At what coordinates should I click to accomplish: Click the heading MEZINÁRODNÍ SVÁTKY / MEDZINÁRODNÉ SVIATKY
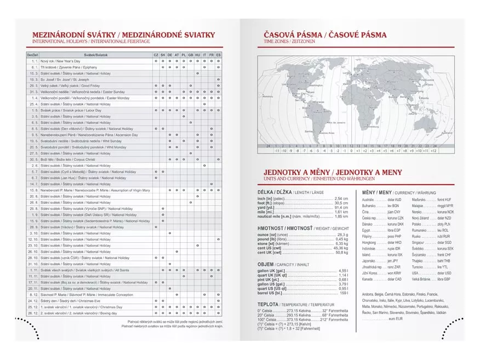coord(123,35)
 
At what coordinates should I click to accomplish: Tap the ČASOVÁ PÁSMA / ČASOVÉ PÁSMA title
coord(325,35)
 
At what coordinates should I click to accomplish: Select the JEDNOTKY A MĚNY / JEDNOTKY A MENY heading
coord(333,172)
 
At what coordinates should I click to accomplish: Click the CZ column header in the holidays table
coord(156,55)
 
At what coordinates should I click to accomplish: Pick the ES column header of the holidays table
coord(219,55)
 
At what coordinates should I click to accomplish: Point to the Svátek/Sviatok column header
coord(96,55)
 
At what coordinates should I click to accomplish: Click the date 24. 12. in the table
coord(33,301)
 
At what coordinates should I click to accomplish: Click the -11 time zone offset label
coord(277,151)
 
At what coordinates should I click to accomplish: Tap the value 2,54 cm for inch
coord(341,198)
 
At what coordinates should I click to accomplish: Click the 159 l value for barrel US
coord(344,293)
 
